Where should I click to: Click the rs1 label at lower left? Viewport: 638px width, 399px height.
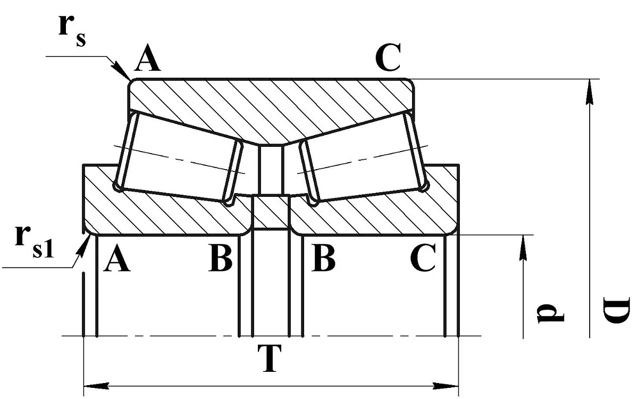[x=34, y=242]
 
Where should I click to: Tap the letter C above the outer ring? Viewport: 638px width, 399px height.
[x=388, y=57]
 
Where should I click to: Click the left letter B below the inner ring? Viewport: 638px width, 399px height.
[x=221, y=257]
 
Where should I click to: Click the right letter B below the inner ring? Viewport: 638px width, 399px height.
[x=323, y=257]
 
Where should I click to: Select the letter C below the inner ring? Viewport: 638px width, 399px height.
[x=423, y=257]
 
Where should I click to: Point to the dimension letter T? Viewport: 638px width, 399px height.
[x=270, y=358]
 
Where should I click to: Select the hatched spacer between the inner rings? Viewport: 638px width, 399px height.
[x=271, y=212]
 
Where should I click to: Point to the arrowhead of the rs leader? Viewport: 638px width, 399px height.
[x=121, y=70]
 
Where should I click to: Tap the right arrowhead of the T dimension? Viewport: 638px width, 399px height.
[x=446, y=386]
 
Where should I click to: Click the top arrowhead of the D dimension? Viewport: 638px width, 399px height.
[x=590, y=92]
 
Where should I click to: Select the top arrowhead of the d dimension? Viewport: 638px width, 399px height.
[x=523, y=248]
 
